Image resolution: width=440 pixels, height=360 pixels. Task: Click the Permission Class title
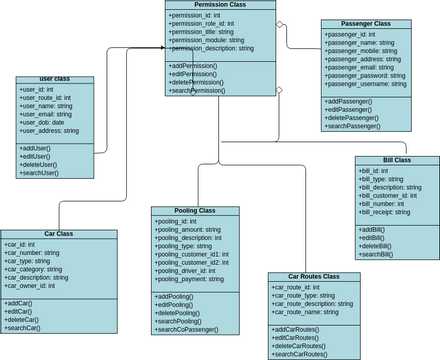coord(221,5)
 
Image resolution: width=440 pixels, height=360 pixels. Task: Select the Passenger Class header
coord(366,23)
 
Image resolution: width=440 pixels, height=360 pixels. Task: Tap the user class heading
coord(55,78)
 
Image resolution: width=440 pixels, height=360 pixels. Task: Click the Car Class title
coord(59,234)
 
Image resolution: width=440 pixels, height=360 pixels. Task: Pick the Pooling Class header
coord(195,211)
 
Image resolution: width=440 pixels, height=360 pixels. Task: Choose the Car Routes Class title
coord(313,276)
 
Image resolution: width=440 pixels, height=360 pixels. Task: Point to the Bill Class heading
coord(397,160)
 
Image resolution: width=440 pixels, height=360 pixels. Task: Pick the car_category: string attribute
coord(39,268)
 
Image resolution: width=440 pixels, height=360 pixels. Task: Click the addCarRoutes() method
coord(296,329)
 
